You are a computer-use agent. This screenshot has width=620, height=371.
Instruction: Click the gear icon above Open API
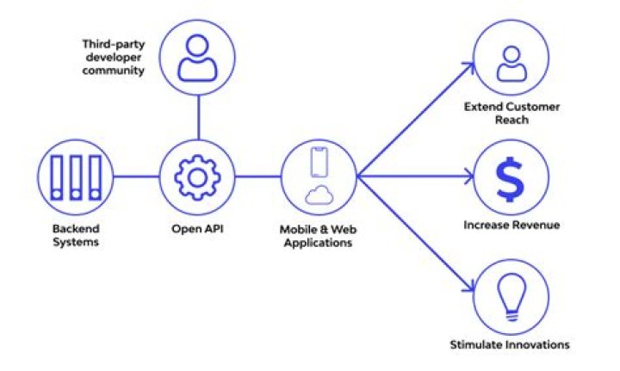point(197,177)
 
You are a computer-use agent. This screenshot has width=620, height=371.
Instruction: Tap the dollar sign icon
point(509,177)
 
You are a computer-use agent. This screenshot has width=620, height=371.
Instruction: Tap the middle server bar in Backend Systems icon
point(77,177)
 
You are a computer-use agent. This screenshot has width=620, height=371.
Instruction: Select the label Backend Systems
point(76,236)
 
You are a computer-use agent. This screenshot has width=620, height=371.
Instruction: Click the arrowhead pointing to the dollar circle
point(469,177)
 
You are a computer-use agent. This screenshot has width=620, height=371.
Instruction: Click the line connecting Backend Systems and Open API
point(137,177)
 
